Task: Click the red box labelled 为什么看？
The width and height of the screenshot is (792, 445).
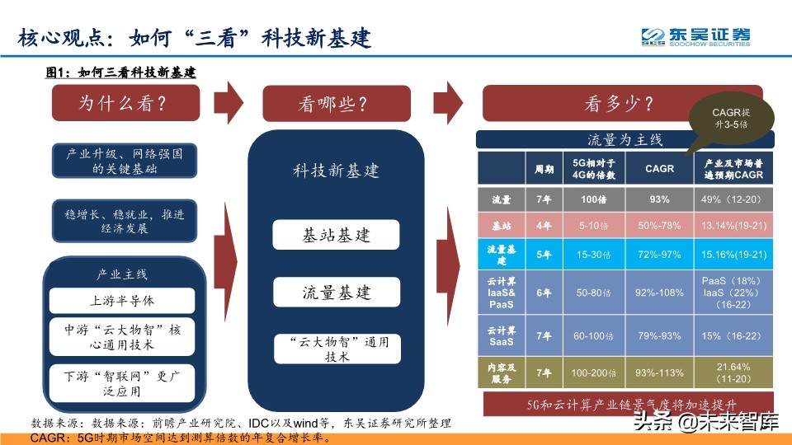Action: (x=124, y=104)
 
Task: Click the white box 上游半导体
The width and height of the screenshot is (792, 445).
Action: (x=121, y=300)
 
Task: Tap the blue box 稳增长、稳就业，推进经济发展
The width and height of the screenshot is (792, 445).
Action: (x=124, y=220)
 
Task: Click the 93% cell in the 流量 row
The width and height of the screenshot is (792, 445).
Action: (x=659, y=199)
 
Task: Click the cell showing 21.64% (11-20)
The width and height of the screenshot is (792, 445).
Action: (x=733, y=372)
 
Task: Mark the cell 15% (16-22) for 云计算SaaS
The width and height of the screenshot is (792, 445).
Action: (x=733, y=336)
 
